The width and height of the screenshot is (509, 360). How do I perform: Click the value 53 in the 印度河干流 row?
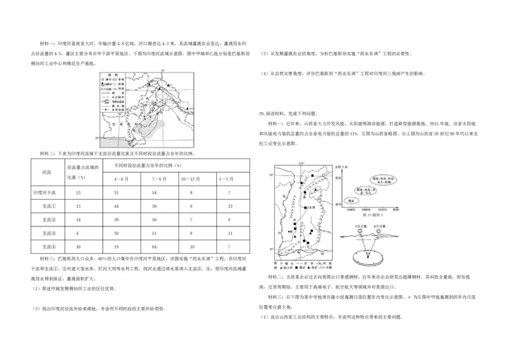(78, 191)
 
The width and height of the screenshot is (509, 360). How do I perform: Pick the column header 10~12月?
(192, 178)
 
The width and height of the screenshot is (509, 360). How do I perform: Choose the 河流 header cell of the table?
(46, 172)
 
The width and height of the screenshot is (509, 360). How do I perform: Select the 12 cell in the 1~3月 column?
(230, 205)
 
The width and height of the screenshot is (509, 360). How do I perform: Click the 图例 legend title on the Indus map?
(113, 75)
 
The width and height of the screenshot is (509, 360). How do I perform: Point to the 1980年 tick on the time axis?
(350, 208)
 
